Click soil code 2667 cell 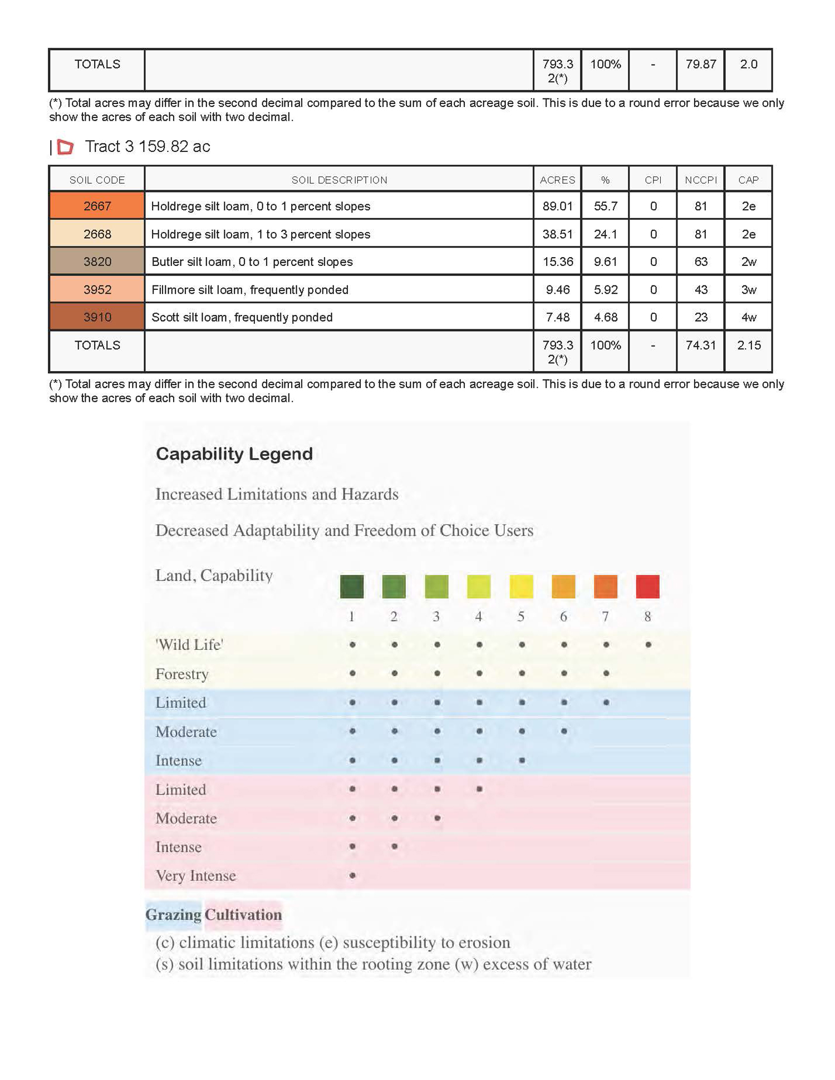coord(97,206)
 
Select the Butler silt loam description coord(252,262)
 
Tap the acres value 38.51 coord(557,234)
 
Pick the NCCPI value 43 coord(700,289)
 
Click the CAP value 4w coord(748,317)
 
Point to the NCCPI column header coord(700,180)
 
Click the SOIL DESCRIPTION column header coord(339,180)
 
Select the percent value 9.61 coord(605,262)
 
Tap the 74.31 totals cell coord(700,345)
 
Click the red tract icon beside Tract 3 coord(66,147)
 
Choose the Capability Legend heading coord(234,453)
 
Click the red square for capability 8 coord(647,586)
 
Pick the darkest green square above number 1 coord(352,586)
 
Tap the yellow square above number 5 coord(521,586)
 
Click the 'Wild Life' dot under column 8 coord(648,645)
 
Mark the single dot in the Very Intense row coord(352,875)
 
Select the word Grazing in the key coord(173,915)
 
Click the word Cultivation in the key coord(243,915)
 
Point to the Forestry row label coord(182,674)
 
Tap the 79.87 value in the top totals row coord(700,64)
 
